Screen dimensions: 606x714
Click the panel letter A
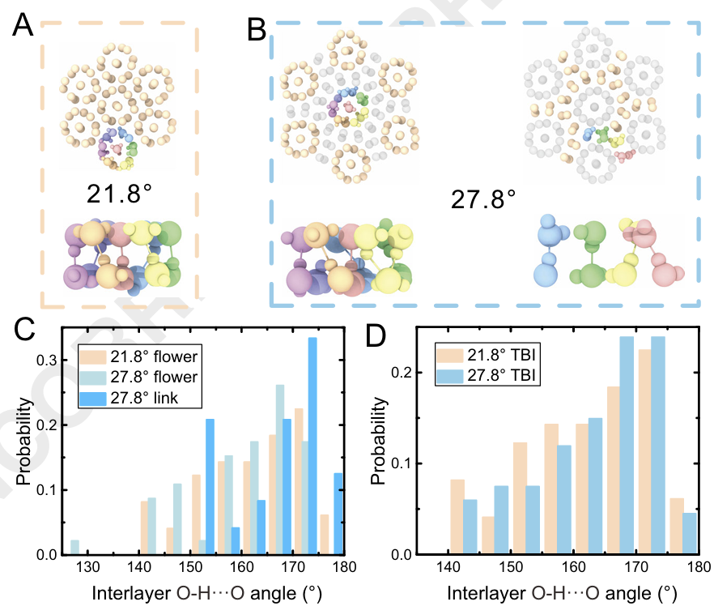point(23,30)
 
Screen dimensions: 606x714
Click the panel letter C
point(24,333)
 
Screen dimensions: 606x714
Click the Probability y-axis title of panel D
point(379,445)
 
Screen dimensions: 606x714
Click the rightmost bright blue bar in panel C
point(339,514)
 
